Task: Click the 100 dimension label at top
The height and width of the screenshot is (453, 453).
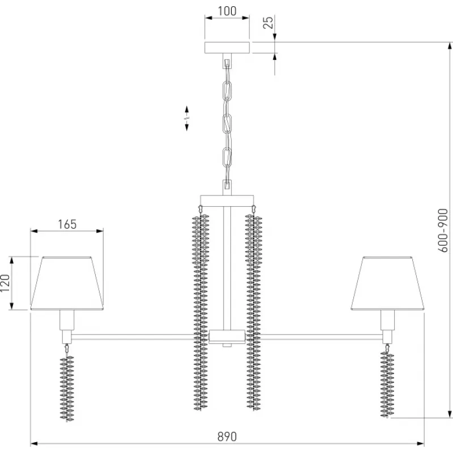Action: click(227, 11)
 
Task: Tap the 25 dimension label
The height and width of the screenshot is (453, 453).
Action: click(268, 22)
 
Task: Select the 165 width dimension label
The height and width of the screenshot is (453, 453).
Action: click(67, 224)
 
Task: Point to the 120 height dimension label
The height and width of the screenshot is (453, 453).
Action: click(5, 283)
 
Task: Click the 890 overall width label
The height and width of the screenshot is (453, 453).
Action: click(227, 437)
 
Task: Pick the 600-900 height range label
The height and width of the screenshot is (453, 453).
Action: click(443, 230)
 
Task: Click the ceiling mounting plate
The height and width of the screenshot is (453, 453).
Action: click(227, 48)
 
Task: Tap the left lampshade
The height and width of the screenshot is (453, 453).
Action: click(67, 283)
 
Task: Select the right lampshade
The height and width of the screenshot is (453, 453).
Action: click(387, 283)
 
